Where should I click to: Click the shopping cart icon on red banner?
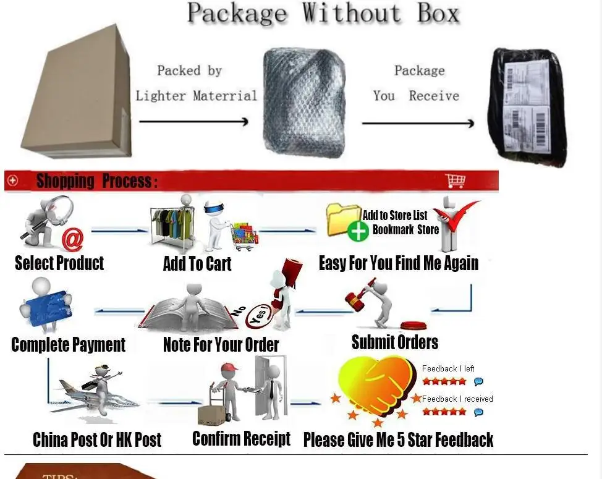tap(455, 180)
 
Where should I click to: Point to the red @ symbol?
tap(72, 239)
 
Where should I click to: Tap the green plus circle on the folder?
tap(358, 231)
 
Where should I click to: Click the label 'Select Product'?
tap(59, 263)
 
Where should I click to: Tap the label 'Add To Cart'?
tap(197, 264)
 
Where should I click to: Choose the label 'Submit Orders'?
tap(395, 342)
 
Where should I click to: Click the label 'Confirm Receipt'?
tap(241, 439)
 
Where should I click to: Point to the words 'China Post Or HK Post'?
tap(97, 440)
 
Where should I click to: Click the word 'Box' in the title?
tap(437, 13)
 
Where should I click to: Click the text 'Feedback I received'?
tap(457, 399)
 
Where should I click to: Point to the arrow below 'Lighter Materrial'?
tap(193, 121)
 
